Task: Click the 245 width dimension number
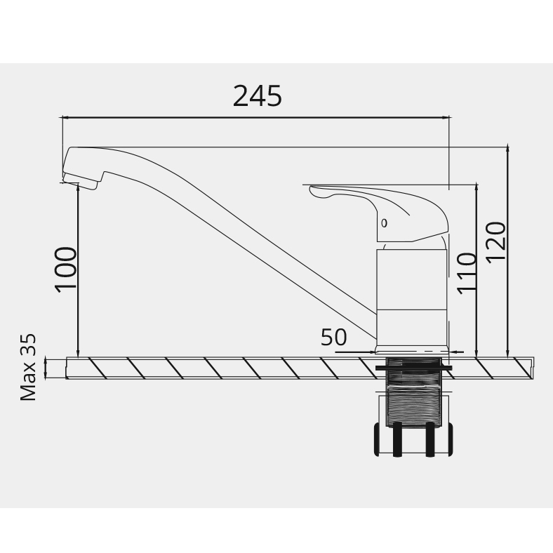click(258, 96)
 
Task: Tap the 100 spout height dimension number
click(65, 269)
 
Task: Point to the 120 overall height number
click(495, 242)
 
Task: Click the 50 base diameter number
click(333, 337)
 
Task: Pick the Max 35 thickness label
click(28, 367)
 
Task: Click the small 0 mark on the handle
click(384, 223)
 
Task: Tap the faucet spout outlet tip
click(80, 181)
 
